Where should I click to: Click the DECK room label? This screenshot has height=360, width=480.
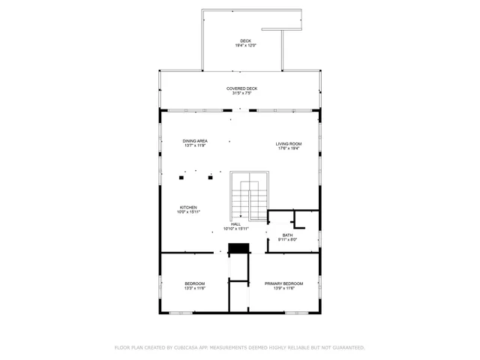(245, 40)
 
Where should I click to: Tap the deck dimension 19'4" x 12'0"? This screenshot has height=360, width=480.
(245, 46)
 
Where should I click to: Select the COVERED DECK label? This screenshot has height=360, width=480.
(241, 88)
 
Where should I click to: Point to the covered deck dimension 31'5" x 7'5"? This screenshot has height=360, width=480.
(241, 94)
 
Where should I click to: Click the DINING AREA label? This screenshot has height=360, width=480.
(195, 141)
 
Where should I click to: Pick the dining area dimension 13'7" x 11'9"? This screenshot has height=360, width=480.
(195, 145)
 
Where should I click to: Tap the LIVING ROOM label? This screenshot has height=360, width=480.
(289, 143)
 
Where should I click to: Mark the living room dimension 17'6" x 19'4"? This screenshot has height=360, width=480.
(289, 148)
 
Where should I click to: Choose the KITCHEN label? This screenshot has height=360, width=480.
(188, 207)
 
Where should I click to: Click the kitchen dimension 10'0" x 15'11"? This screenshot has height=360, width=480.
(188, 212)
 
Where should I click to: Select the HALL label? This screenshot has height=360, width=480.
(235, 223)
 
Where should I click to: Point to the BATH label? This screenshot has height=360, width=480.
(288, 235)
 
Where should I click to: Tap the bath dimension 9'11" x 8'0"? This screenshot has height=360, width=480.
(288, 240)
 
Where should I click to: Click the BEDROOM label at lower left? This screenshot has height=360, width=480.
(195, 283)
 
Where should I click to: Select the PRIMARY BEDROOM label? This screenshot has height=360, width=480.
(283, 283)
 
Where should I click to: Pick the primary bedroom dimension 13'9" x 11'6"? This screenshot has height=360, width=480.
(283, 289)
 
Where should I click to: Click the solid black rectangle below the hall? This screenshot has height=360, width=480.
(238, 247)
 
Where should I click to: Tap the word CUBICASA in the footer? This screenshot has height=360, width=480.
(186, 348)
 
